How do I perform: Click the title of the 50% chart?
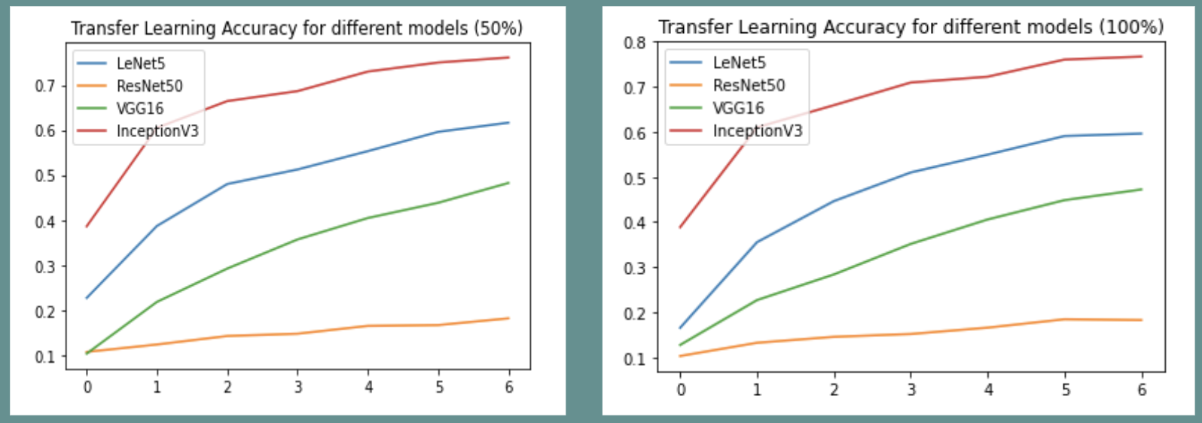point(296,29)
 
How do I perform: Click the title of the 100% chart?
point(911,28)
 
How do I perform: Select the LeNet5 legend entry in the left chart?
point(140,64)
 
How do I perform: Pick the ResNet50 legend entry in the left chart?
point(149,86)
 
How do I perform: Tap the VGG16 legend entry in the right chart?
point(738,108)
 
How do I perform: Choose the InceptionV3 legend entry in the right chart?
point(757,131)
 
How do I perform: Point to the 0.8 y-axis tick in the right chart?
point(635,43)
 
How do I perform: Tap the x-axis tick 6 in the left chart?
point(509,387)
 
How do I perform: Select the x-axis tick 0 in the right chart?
point(681,389)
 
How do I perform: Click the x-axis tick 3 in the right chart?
point(911,389)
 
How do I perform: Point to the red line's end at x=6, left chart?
point(509,57)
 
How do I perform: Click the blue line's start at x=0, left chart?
point(87,298)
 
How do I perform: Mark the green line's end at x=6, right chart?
point(1142,189)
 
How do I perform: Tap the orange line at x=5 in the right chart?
point(1065,319)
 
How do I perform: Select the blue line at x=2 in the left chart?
point(227,184)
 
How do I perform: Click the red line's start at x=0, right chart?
point(681,227)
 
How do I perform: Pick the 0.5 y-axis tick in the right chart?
point(635,178)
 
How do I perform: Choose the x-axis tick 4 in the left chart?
point(368,387)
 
